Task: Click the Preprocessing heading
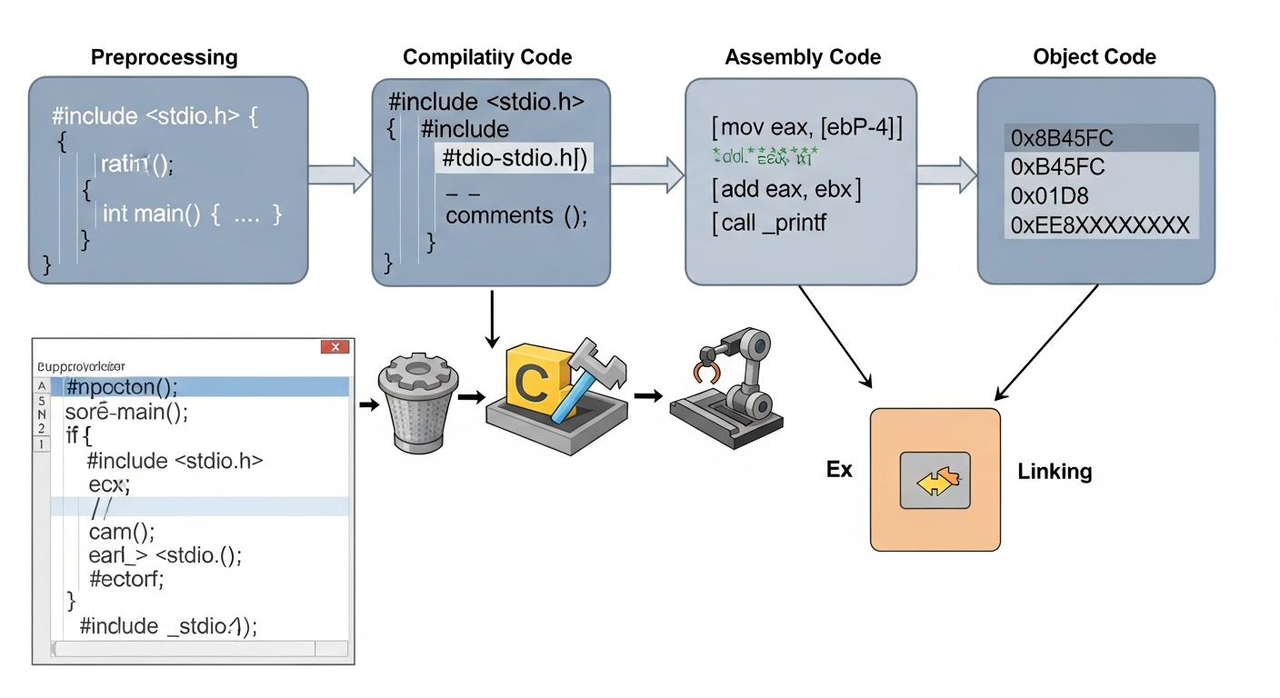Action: (165, 58)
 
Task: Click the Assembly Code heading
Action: (803, 58)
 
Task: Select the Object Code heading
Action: (1095, 57)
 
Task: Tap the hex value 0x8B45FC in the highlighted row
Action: (1062, 139)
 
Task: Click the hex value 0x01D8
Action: (1049, 195)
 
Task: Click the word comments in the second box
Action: (500, 215)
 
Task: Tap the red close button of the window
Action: (335, 347)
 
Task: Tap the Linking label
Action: (1055, 472)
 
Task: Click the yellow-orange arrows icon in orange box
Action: (935, 480)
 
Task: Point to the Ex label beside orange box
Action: (838, 470)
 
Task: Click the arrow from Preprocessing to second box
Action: (339, 172)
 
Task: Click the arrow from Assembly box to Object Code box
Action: (945, 172)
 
